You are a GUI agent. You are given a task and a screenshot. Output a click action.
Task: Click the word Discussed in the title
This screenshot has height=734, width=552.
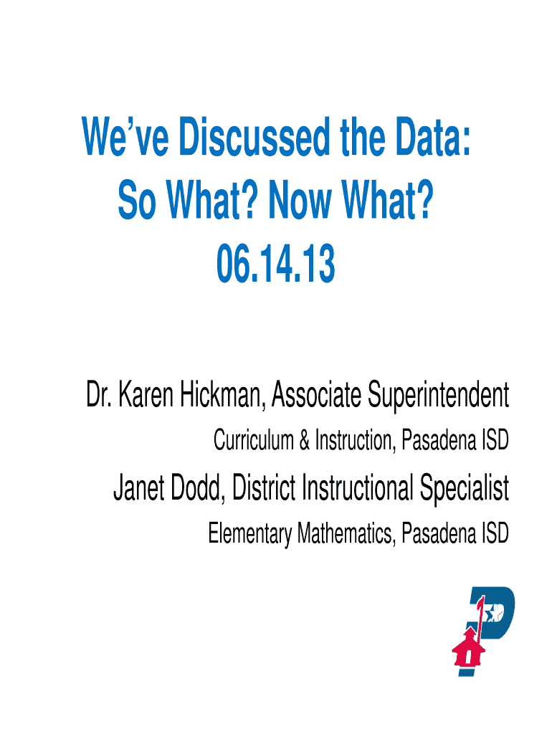pyautogui.click(x=254, y=137)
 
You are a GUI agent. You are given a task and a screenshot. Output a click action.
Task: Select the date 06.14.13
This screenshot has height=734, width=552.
pyautogui.click(x=276, y=264)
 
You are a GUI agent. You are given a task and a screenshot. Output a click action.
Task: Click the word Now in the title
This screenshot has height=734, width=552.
pyautogui.click(x=300, y=201)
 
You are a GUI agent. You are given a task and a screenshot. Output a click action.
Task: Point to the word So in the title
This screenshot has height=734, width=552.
pyautogui.click(x=137, y=201)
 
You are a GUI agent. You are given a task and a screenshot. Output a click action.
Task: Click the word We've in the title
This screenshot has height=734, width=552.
pyautogui.click(x=125, y=137)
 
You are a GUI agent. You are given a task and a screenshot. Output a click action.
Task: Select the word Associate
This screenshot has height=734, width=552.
pyautogui.click(x=316, y=395)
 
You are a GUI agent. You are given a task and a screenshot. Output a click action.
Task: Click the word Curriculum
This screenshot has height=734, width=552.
pyautogui.click(x=253, y=441)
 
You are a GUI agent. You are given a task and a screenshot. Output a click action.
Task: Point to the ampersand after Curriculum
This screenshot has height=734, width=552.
pyautogui.click(x=305, y=441)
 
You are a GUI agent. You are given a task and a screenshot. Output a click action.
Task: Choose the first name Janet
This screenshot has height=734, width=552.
pyautogui.click(x=138, y=487)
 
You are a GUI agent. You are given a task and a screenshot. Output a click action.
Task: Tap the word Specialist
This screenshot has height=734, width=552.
pyautogui.click(x=465, y=489)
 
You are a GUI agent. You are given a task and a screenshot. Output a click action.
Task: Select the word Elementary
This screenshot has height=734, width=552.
pyautogui.click(x=250, y=533)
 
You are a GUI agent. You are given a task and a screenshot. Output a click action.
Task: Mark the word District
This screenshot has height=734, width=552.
pyautogui.click(x=264, y=487)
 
